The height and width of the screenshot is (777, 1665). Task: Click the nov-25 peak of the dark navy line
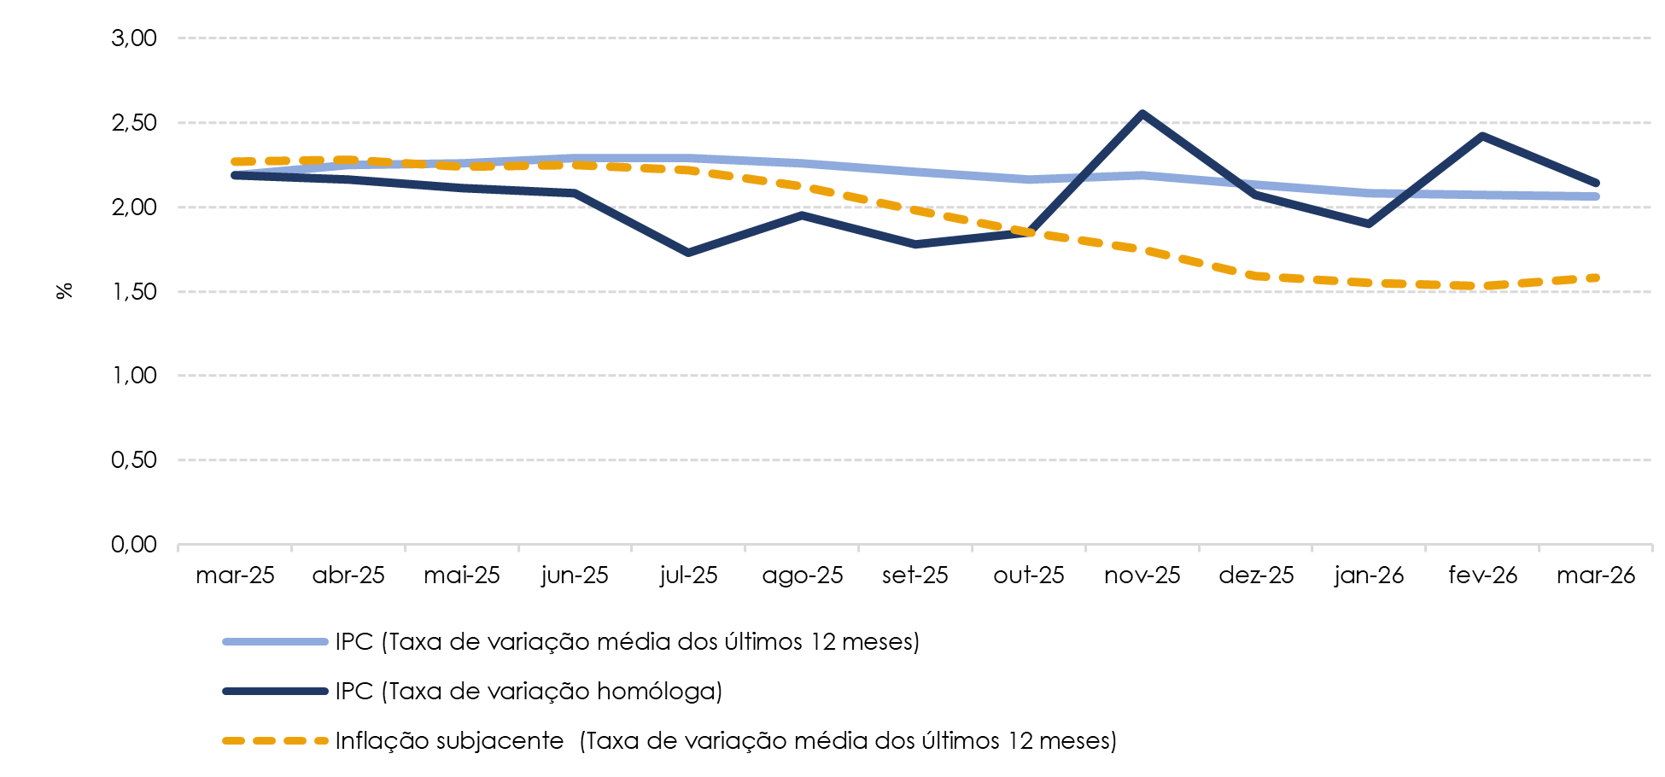pos(1142,114)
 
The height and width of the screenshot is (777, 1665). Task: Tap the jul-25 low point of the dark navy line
pos(688,253)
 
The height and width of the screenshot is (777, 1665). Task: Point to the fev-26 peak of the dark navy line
pos(1482,136)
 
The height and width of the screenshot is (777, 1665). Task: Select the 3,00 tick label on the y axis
pos(134,38)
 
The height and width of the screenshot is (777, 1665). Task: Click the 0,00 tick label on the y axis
pos(134,545)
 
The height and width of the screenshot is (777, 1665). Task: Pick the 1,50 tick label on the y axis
pos(134,292)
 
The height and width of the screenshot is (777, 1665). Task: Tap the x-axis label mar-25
pos(235,575)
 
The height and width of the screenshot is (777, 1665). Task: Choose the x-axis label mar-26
pos(1595,575)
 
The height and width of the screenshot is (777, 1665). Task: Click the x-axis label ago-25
pos(802,575)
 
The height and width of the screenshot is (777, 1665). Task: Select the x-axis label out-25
pos(1028,575)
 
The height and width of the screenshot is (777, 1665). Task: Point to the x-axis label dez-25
pos(1256,575)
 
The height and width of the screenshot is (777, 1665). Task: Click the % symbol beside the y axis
pos(64,291)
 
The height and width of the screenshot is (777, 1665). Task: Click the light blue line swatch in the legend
pos(275,642)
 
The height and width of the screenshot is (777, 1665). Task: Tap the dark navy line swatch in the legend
pos(275,692)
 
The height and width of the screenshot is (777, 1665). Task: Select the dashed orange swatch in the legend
pos(275,741)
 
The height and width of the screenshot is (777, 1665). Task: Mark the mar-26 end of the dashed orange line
pos(1595,277)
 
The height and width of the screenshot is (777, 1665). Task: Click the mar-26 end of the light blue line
pos(1595,196)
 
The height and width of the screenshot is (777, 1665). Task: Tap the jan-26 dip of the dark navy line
pos(1369,224)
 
